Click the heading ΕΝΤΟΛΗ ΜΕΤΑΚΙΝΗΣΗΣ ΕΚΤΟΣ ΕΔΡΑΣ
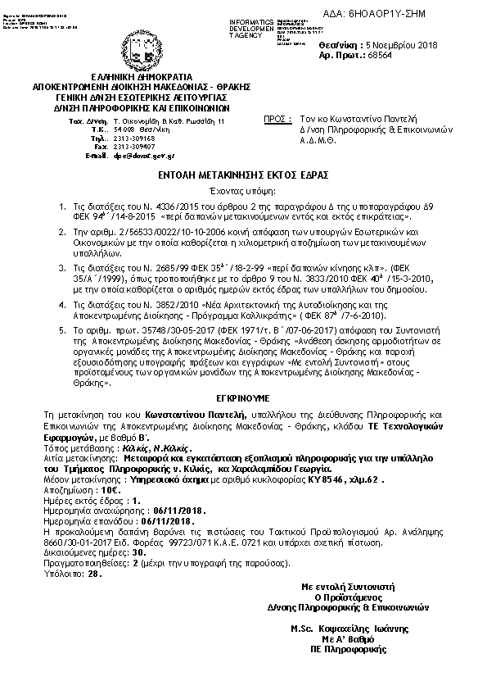(x=244, y=176)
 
